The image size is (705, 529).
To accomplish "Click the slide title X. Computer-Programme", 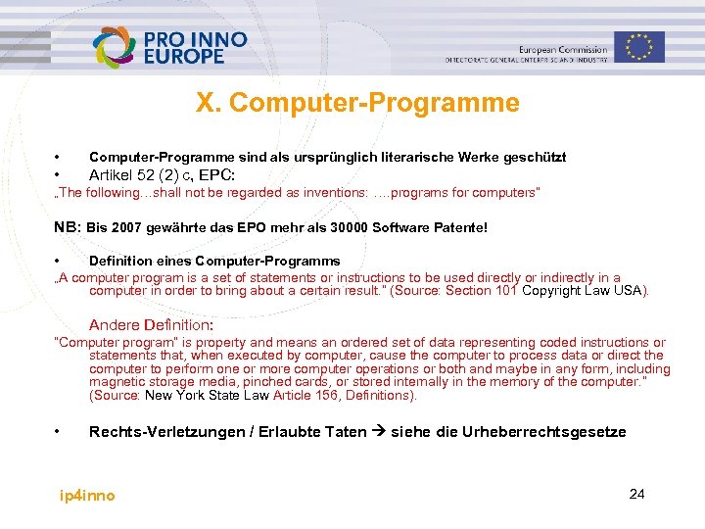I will [357, 103].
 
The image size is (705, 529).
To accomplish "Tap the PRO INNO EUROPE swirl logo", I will [116, 47].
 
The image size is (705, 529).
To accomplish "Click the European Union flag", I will [639, 46].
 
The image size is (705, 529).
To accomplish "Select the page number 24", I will [636, 494].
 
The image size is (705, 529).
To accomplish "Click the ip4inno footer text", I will [87, 496].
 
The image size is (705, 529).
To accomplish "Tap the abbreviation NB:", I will [68, 227].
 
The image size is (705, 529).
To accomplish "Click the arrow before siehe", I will [378, 432].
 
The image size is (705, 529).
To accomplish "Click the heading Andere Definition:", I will [151, 324].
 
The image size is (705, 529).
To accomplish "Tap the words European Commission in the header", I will [563, 49].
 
